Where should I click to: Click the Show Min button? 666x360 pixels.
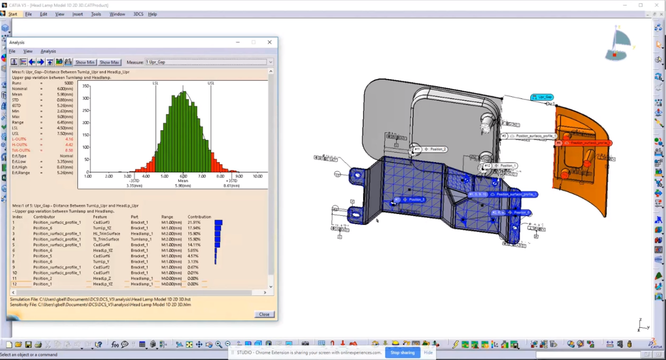(85, 62)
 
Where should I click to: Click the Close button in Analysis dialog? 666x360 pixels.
(264, 314)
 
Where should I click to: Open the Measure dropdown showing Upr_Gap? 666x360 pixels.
(270, 62)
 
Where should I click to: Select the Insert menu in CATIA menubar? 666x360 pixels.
(78, 14)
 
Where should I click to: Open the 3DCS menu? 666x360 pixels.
(138, 14)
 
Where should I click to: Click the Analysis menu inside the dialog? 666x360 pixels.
(48, 51)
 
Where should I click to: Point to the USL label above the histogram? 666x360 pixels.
(211, 83)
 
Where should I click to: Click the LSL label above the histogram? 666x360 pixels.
(156, 83)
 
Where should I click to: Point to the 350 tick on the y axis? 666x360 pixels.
(85, 86)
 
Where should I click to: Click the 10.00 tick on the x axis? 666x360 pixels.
(257, 176)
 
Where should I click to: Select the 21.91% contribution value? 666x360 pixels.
(194, 222)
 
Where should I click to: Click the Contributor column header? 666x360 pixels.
(44, 217)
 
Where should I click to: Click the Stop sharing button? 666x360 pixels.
(402, 352)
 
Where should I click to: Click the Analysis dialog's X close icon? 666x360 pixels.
(269, 42)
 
